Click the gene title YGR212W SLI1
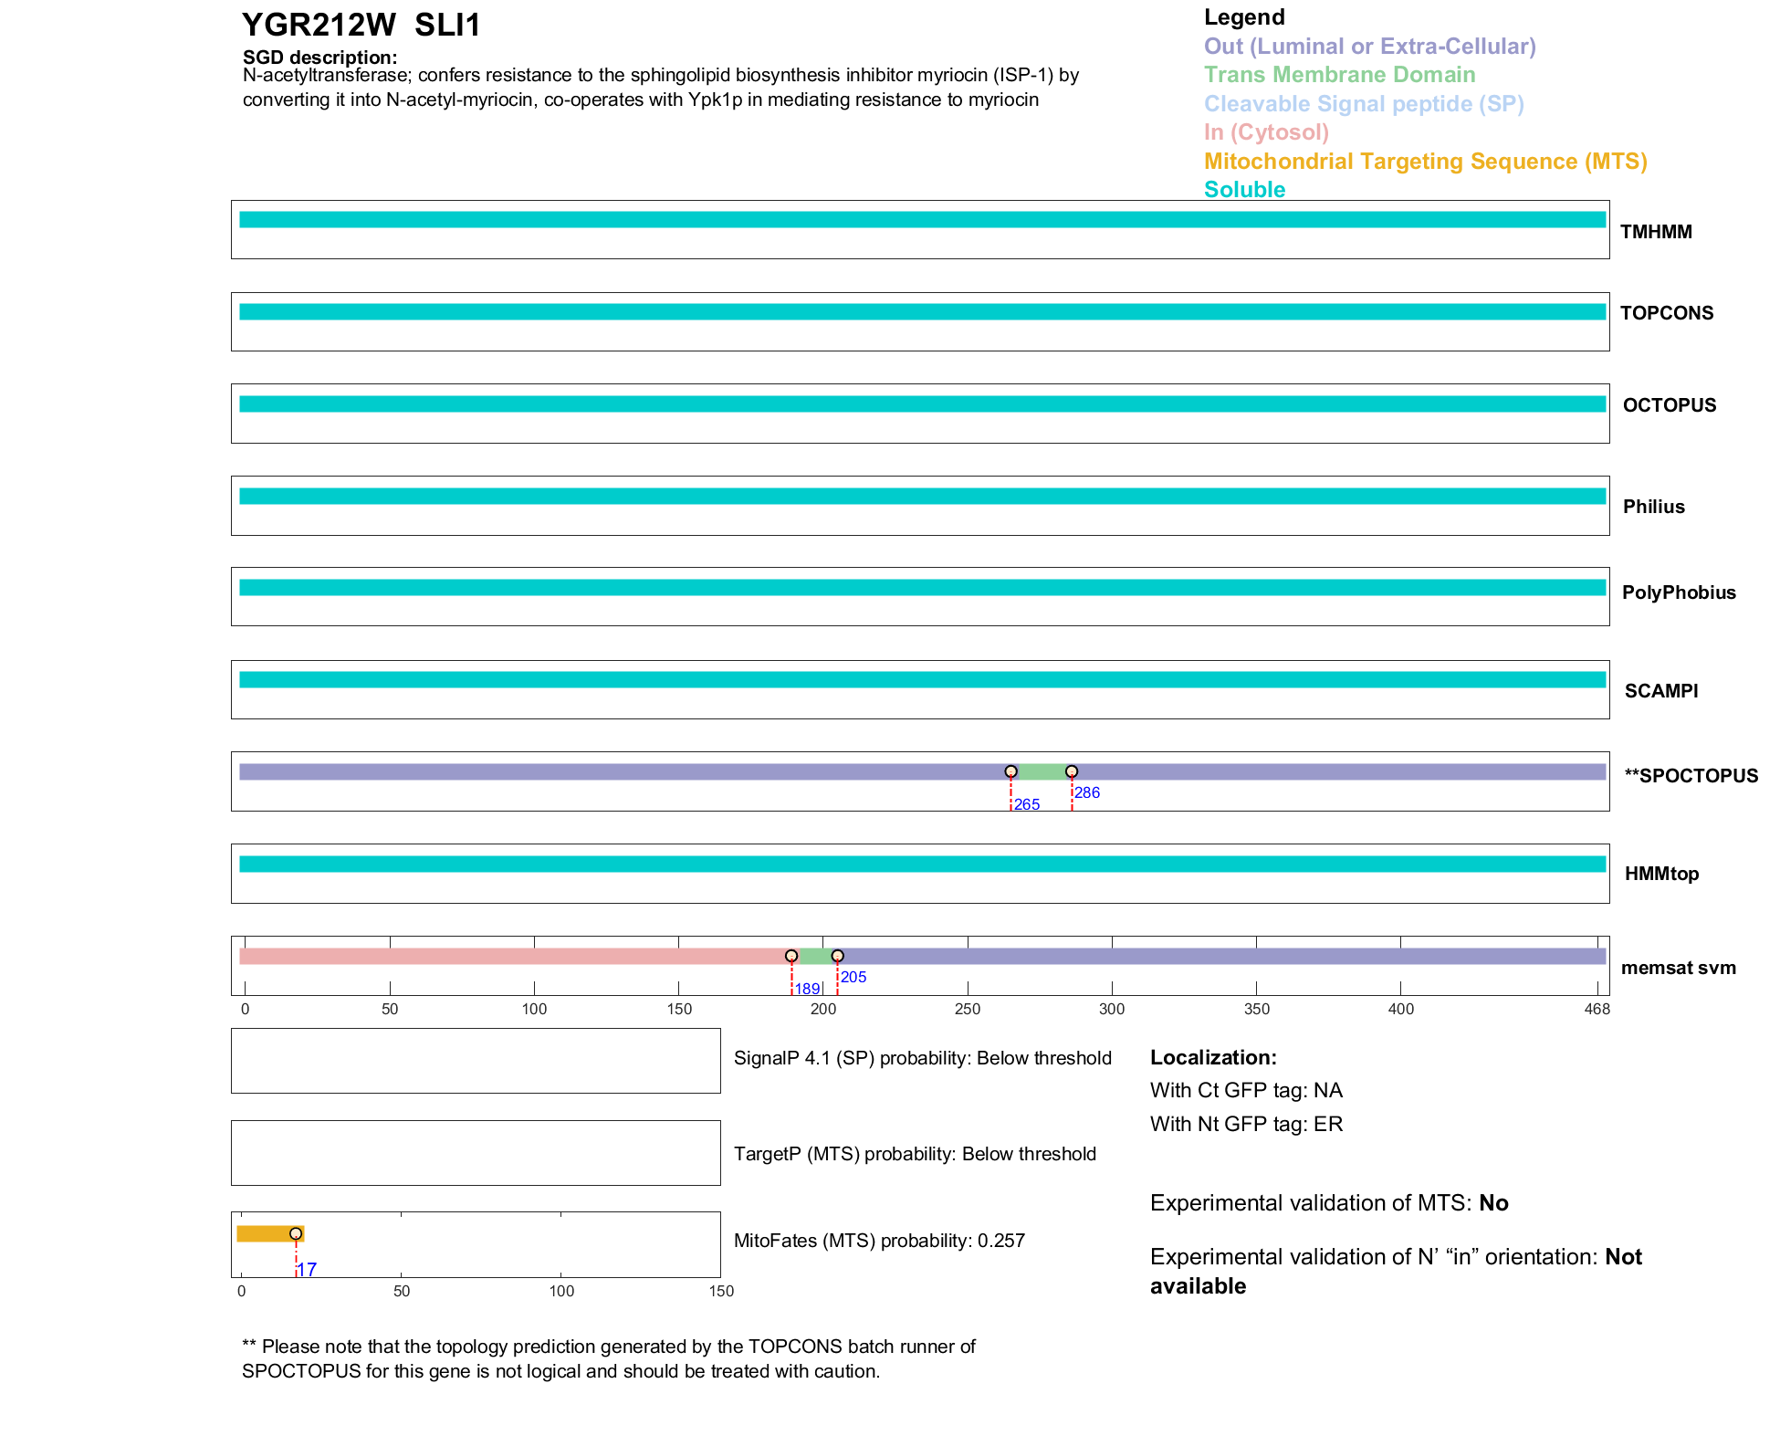(x=361, y=26)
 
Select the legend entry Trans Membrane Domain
(x=1339, y=75)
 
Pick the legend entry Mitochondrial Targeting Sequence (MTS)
(x=1425, y=162)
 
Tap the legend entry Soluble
(x=1244, y=190)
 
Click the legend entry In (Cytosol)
(x=1266, y=132)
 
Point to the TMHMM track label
(x=1656, y=232)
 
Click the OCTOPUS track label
(x=1669, y=405)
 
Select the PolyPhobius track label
(x=1678, y=592)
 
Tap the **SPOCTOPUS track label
(x=1691, y=776)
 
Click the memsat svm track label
(x=1678, y=968)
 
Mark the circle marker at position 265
(x=1010, y=771)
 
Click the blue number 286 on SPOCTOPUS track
(x=1087, y=792)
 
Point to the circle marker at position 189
(x=791, y=956)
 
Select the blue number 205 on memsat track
(x=853, y=977)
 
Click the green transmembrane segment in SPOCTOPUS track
(x=1041, y=772)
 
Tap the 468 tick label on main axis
(x=1597, y=1009)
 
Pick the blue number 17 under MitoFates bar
(x=307, y=1269)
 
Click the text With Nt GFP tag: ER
(x=1246, y=1124)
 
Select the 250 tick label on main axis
(x=968, y=1009)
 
